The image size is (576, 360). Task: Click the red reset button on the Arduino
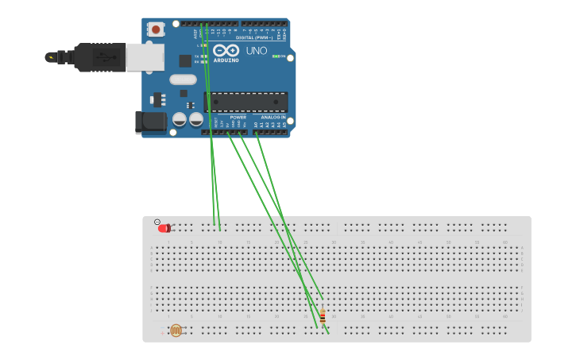coord(156,29)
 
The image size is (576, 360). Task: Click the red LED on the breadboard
coord(164,228)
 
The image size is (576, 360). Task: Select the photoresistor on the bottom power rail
coord(176,330)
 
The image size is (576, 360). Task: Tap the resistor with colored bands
coord(323,316)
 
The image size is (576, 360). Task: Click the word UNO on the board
coord(257,50)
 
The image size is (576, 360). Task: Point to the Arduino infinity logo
coord(226,50)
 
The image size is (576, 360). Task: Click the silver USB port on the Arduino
coord(145,56)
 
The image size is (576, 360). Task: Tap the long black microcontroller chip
coord(247,102)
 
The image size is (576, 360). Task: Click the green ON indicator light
coord(276,56)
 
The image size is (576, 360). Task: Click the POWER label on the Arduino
coord(238,117)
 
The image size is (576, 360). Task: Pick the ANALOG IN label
coord(273,117)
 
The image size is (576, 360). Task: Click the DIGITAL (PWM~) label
coord(253,37)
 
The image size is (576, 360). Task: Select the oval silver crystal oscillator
coord(183,79)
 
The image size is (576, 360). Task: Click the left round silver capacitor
coord(180,119)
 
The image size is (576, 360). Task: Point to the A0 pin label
coord(256,125)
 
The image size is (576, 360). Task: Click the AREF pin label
coord(195,33)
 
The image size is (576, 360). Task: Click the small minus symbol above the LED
coord(157,222)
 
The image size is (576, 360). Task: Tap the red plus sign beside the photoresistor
coord(162,334)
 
